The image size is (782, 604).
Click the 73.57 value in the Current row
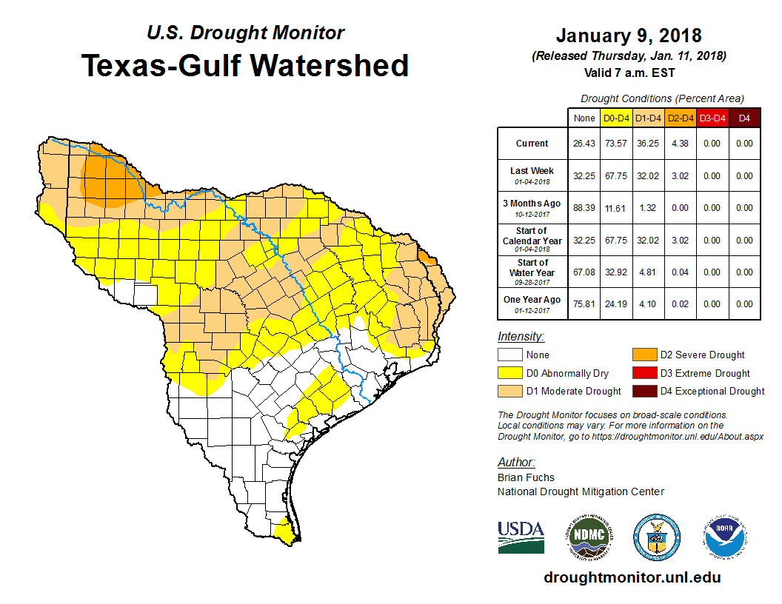click(x=615, y=144)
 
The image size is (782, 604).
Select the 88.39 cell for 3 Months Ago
click(x=584, y=208)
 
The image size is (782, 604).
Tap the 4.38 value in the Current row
click(x=679, y=144)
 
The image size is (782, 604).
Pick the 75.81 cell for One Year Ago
click(x=584, y=304)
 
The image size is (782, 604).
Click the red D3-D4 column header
click(x=712, y=118)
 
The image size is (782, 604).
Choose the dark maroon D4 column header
click(x=744, y=118)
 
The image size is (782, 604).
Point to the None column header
click(x=584, y=118)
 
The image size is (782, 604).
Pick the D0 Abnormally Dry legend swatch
click(x=509, y=373)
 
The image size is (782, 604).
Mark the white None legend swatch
click(x=509, y=355)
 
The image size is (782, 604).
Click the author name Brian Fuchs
click(x=526, y=477)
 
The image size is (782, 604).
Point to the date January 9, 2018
click(x=629, y=36)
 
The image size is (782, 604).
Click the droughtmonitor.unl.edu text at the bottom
click(x=632, y=577)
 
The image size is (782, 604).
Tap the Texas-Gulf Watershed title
click(x=244, y=65)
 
